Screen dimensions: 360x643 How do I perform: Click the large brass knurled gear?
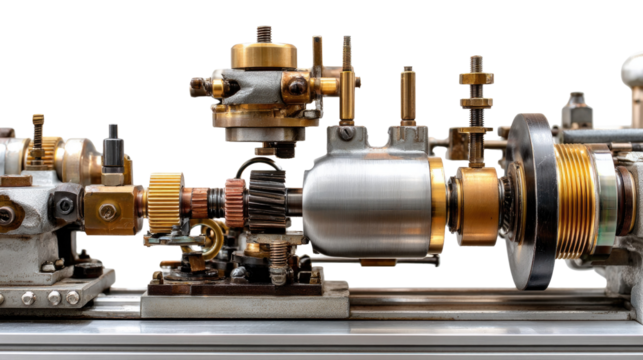click(x=165, y=201)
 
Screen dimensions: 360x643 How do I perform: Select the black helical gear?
click(x=265, y=195)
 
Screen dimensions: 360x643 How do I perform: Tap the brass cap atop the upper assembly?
click(x=264, y=54)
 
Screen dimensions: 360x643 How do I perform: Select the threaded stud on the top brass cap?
click(x=264, y=32)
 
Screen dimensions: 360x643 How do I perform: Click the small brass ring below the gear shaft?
click(x=210, y=237)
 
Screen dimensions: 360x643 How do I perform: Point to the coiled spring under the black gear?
click(x=276, y=261)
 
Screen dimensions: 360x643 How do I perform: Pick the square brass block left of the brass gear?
click(x=107, y=211)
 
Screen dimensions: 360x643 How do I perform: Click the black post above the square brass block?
click(x=112, y=150)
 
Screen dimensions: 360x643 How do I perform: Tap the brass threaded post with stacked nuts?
click(x=476, y=100)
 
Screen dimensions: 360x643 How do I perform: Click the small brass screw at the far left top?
click(x=38, y=126)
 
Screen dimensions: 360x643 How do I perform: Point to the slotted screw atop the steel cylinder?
click(x=345, y=132)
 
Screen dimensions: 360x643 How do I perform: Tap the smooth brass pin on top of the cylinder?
click(x=407, y=95)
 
